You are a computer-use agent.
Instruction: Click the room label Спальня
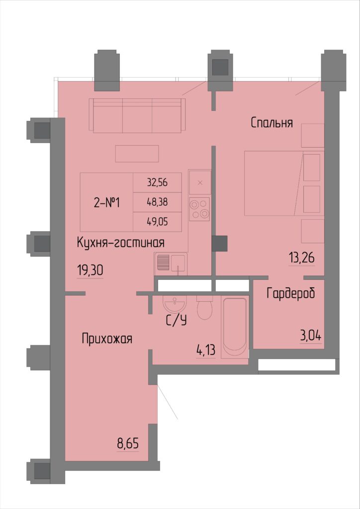point(271,123)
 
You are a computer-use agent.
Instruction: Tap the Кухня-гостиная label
point(120,243)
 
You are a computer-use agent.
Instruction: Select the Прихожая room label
point(107,339)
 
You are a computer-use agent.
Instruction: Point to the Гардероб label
point(291,294)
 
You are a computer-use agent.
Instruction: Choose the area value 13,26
point(302,258)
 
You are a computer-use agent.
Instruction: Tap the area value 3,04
point(311,336)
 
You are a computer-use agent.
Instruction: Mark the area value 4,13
point(206,351)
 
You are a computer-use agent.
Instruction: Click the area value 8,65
point(128,443)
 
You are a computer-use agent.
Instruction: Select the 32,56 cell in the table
point(158,183)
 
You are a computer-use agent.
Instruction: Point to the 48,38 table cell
point(158,203)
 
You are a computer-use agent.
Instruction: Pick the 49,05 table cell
point(158,222)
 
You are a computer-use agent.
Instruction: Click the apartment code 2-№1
point(107,203)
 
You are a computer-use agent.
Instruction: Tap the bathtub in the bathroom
point(235,328)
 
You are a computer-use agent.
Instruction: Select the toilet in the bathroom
point(204,307)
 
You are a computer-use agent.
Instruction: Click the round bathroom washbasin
point(175,304)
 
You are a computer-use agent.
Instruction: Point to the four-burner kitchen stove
point(199,209)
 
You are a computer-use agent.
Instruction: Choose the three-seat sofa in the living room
point(137,115)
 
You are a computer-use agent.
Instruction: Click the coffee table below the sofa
point(137,154)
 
